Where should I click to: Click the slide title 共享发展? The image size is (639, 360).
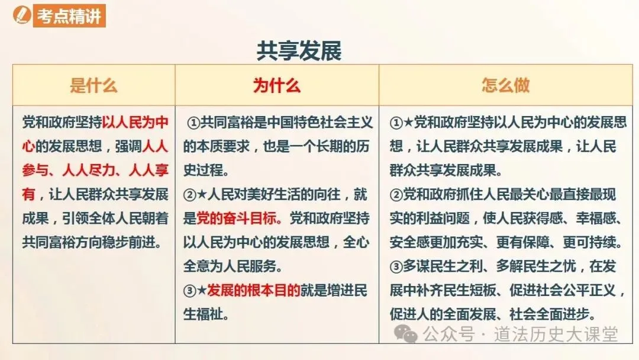click(299, 51)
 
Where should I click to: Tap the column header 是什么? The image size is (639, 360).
click(93, 85)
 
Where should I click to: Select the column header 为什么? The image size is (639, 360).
click(276, 85)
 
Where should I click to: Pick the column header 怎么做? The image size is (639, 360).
click(505, 85)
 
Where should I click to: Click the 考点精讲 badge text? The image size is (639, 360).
click(70, 16)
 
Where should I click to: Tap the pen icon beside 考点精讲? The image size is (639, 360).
click(24, 16)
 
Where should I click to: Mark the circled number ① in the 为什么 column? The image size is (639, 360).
click(193, 124)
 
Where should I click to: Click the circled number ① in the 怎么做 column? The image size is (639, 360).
click(396, 124)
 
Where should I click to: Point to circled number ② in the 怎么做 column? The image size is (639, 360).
click(396, 195)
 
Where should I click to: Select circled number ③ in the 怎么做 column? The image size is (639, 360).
click(396, 267)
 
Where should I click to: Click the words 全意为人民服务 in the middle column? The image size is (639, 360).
click(225, 267)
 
